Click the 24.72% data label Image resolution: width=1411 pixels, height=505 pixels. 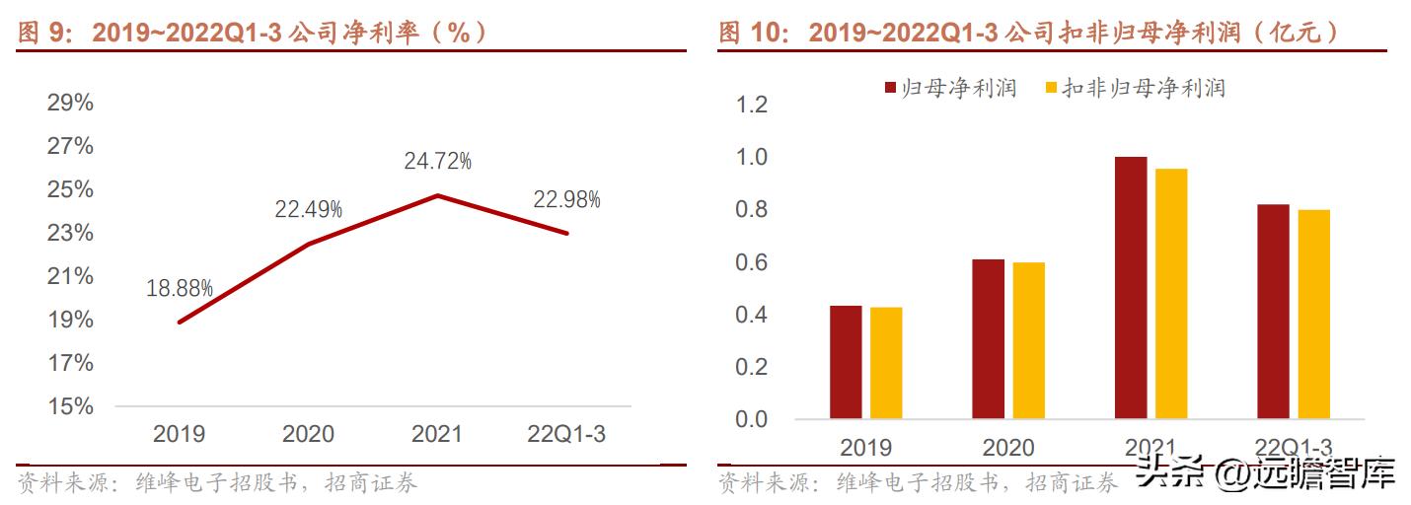coord(437,160)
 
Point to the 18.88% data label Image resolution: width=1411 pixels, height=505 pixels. coord(180,288)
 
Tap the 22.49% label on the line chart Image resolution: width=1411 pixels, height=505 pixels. coord(309,208)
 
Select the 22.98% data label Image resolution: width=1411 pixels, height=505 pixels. coord(566,199)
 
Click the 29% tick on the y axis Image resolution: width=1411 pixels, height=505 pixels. coord(70,103)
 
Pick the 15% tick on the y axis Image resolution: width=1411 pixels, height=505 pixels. coord(70,406)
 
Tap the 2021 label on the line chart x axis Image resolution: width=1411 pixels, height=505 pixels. coord(437,434)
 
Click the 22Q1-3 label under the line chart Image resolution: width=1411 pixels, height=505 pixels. coord(566,434)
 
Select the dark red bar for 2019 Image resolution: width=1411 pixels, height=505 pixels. coord(846,362)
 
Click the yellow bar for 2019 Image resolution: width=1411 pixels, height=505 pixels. coord(886,363)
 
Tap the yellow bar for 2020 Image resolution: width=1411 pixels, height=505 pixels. coord(1028,340)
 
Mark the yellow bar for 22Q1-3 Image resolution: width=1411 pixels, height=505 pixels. coord(1314,314)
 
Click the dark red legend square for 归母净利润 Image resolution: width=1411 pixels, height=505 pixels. coord(890,89)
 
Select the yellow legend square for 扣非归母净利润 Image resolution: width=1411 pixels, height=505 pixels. coord(1051,89)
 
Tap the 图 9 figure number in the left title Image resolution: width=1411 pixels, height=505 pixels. coord(39,33)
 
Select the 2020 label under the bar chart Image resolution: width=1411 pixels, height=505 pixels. coord(1008,448)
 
